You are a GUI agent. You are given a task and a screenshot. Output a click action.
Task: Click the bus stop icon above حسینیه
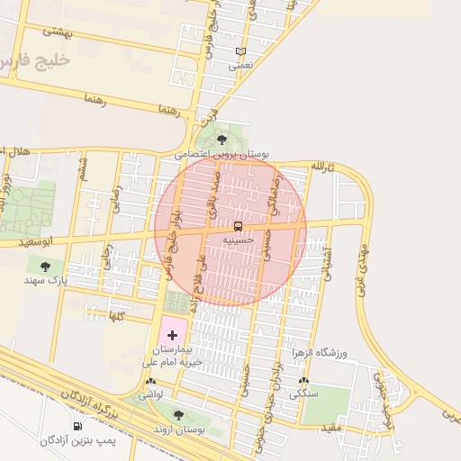click(x=238, y=225)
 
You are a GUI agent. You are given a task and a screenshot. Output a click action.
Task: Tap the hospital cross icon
click(x=172, y=335)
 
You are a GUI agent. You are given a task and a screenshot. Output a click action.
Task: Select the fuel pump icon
click(x=76, y=426)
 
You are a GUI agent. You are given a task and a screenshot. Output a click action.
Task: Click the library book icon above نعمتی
click(x=240, y=51)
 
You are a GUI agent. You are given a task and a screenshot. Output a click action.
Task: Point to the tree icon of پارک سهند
click(x=45, y=266)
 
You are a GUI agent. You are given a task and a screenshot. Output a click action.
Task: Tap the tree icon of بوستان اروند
click(x=177, y=415)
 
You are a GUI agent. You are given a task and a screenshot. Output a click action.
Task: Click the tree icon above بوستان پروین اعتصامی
click(x=221, y=139)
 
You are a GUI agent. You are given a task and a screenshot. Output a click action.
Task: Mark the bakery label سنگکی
click(x=303, y=394)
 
